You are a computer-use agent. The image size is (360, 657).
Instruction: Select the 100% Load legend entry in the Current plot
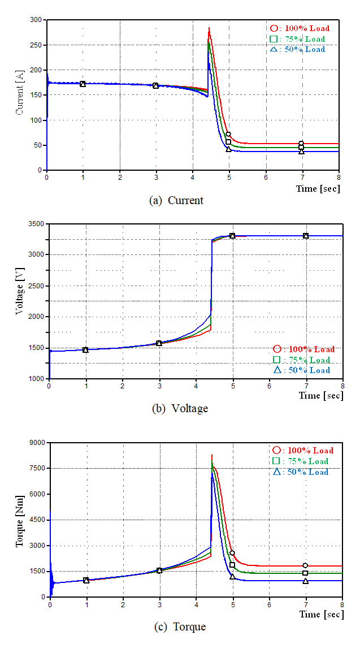click(300, 28)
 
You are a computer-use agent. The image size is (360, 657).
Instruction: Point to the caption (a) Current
click(176, 200)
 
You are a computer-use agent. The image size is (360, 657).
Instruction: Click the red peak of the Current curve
click(209, 28)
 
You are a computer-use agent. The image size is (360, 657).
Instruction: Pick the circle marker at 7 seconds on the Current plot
click(301, 144)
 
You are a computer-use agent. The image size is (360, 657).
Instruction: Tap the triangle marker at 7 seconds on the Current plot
click(301, 152)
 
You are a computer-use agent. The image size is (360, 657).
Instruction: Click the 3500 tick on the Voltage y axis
click(37, 224)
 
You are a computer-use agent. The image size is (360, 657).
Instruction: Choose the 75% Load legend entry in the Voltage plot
click(302, 360)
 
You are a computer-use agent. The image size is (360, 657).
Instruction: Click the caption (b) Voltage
click(180, 408)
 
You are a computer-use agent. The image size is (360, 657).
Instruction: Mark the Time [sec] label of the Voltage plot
click(320, 396)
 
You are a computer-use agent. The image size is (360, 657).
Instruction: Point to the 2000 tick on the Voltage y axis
click(37, 317)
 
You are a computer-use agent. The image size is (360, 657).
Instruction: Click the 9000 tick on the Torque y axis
click(39, 443)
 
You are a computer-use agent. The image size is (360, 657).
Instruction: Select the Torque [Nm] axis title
click(21, 520)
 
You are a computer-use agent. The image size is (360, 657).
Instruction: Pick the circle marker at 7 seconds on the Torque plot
click(305, 565)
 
